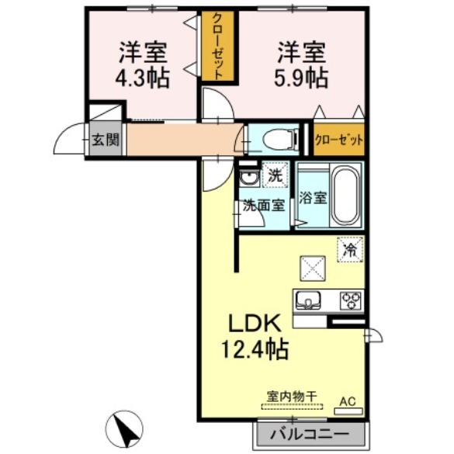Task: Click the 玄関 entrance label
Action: pyautogui.click(x=105, y=140)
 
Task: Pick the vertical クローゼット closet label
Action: pyautogui.click(x=218, y=47)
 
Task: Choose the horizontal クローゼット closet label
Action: pyautogui.click(x=339, y=140)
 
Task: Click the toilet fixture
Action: pyautogui.click(x=276, y=139)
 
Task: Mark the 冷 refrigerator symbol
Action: pyautogui.click(x=350, y=250)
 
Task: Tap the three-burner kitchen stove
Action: pyautogui.click(x=349, y=300)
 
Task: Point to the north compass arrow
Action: pyautogui.click(x=124, y=428)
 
